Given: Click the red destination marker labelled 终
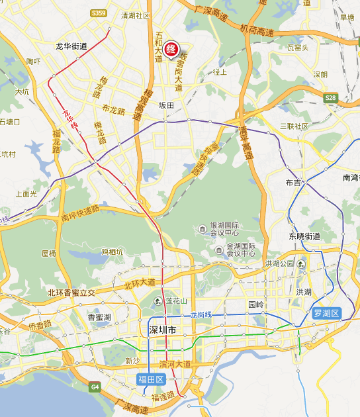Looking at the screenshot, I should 171,49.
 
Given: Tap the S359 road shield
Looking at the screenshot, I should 99,13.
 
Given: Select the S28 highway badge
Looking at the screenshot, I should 331,98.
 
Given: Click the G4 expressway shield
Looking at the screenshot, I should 95,386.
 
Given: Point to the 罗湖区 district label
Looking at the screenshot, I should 326,313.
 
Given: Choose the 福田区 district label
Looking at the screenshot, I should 150,379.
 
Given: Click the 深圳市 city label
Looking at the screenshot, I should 161,330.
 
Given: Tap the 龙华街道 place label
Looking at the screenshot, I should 71,46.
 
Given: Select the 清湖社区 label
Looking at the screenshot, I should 135,15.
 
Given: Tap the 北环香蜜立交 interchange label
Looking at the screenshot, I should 71,293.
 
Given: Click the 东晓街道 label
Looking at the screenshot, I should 304,236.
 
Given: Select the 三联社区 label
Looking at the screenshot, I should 294,126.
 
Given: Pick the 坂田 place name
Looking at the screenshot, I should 166,105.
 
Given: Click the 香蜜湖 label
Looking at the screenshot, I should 100,318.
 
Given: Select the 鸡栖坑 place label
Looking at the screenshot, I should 112,252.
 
